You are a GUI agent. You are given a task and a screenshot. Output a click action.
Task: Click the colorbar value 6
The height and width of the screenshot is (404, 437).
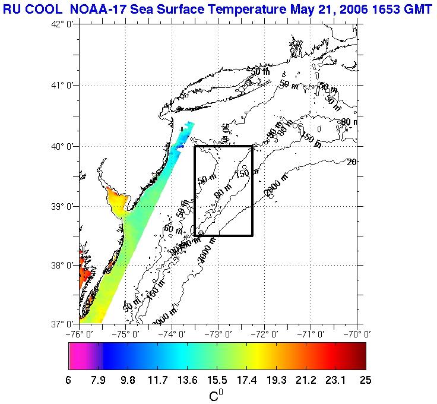pyautogui.click(x=69, y=380)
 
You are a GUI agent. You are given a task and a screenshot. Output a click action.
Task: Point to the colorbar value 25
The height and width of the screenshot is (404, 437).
pyautogui.click(x=365, y=380)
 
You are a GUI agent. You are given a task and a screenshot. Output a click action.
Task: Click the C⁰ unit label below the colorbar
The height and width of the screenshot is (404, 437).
pyautogui.click(x=216, y=394)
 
